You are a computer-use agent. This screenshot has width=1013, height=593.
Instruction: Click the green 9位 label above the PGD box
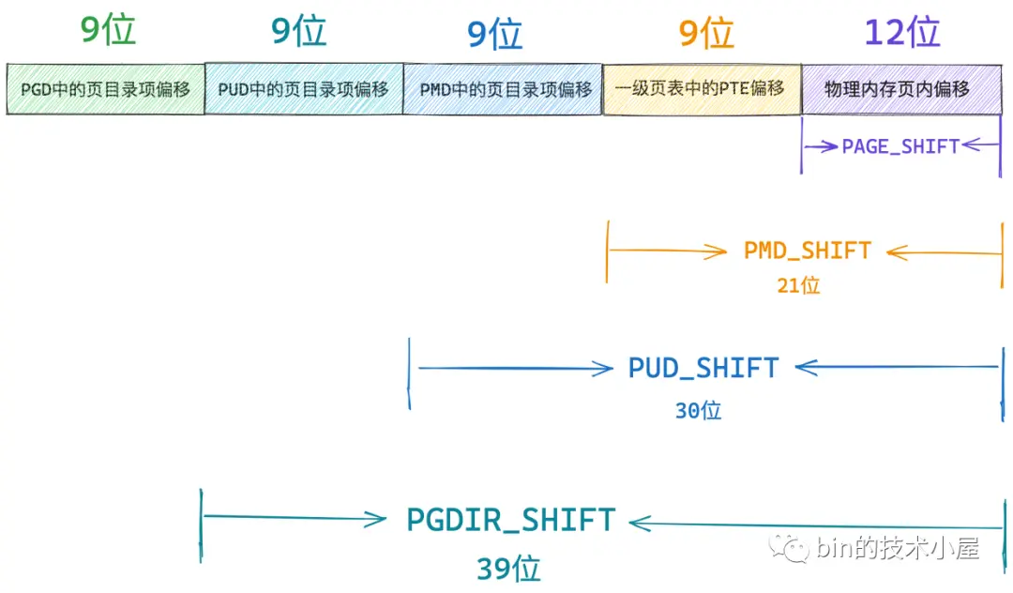[x=108, y=30]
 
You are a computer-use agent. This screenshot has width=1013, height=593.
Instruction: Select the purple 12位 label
[x=902, y=32]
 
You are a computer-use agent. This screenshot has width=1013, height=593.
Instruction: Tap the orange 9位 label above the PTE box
[x=706, y=33]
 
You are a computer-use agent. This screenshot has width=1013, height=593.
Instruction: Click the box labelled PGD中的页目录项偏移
[x=105, y=89]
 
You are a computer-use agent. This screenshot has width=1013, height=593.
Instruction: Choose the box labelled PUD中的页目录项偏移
[x=304, y=88]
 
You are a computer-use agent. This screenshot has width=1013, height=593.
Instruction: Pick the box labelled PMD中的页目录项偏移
[x=503, y=89]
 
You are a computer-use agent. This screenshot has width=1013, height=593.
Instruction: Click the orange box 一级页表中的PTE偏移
[x=702, y=89]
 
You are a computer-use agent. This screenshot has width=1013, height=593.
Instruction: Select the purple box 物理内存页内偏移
[x=902, y=89]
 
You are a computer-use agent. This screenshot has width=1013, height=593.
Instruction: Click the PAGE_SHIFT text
[x=900, y=146]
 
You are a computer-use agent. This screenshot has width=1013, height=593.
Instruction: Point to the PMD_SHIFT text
[x=808, y=251]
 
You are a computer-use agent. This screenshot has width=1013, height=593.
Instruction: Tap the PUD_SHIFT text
[x=703, y=368]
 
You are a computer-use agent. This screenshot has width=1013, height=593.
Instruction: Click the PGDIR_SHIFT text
[x=510, y=520]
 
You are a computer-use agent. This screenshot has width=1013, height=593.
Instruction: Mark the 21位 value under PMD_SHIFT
[x=798, y=285]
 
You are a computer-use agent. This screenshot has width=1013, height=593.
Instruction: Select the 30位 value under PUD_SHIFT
[x=699, y=410]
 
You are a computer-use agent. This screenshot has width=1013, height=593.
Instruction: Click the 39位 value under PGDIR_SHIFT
[x=508, y=570]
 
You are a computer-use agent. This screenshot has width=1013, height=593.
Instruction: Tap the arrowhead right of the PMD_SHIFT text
[x=896, y=252]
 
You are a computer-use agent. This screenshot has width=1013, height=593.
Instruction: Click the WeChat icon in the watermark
[x=789, y=548]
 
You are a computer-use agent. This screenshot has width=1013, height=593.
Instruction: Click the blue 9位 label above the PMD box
[x=494, y=34]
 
